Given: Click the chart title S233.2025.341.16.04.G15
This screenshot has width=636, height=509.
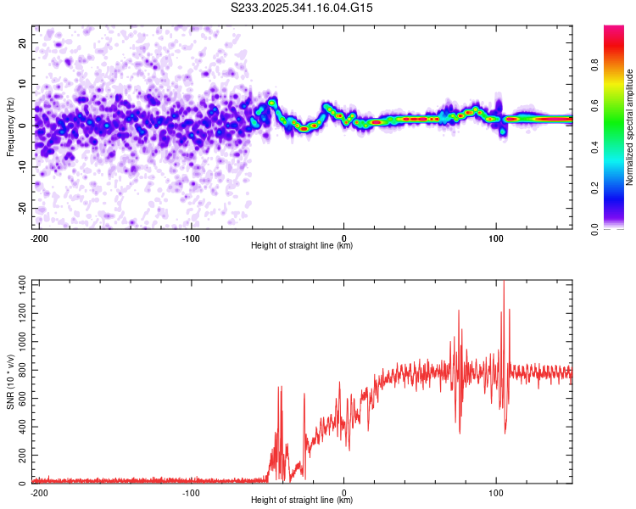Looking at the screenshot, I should pyautogui.click(x=303, y=8).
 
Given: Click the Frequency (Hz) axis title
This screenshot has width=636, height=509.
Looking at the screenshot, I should pyautogui.click(x=10, y=126).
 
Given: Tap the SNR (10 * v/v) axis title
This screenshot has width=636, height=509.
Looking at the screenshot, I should pyautogui.click(x=10, y=382).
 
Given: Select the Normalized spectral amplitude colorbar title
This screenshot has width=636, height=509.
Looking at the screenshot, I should pyautogui.click(x=629, y=127).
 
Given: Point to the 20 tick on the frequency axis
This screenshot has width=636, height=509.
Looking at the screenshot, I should pyautogui.click(x=23, y=42).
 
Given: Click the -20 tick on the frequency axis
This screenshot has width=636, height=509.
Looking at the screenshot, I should pyautogui.click(x=21, y=208).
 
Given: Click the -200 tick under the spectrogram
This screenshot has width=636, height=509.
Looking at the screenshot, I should pyautogui.click(x=38, y=238).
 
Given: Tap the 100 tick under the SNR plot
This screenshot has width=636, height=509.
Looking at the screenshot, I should pyautogui.click(x=496, y=492).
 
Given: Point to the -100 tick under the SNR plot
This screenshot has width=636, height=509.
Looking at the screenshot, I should pyautogui.click(x=191, y=492).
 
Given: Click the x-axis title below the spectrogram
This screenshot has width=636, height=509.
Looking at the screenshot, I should pyautogui.click(x=302, y=246).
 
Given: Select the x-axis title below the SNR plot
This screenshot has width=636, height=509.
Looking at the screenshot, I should pyautogui.click(x=302, y=501).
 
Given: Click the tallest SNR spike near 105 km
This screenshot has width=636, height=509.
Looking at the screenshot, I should pyautogui.click(x=505, y=283).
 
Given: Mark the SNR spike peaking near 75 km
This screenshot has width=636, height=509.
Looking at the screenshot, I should pyautogui.click(x=459, y=311).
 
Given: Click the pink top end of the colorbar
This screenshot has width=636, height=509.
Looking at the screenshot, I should pyautogui.click(x=614, y=29).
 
